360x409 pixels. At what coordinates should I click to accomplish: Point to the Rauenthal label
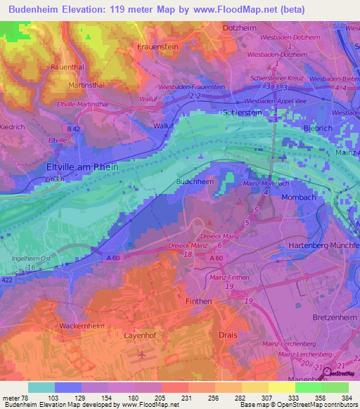[68, 67]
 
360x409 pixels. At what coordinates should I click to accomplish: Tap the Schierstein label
[243, 112]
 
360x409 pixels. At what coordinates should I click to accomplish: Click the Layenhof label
[140, 336]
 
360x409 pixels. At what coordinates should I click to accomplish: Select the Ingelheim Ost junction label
[32, 259]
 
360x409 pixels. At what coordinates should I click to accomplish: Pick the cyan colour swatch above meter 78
[41, 387]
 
